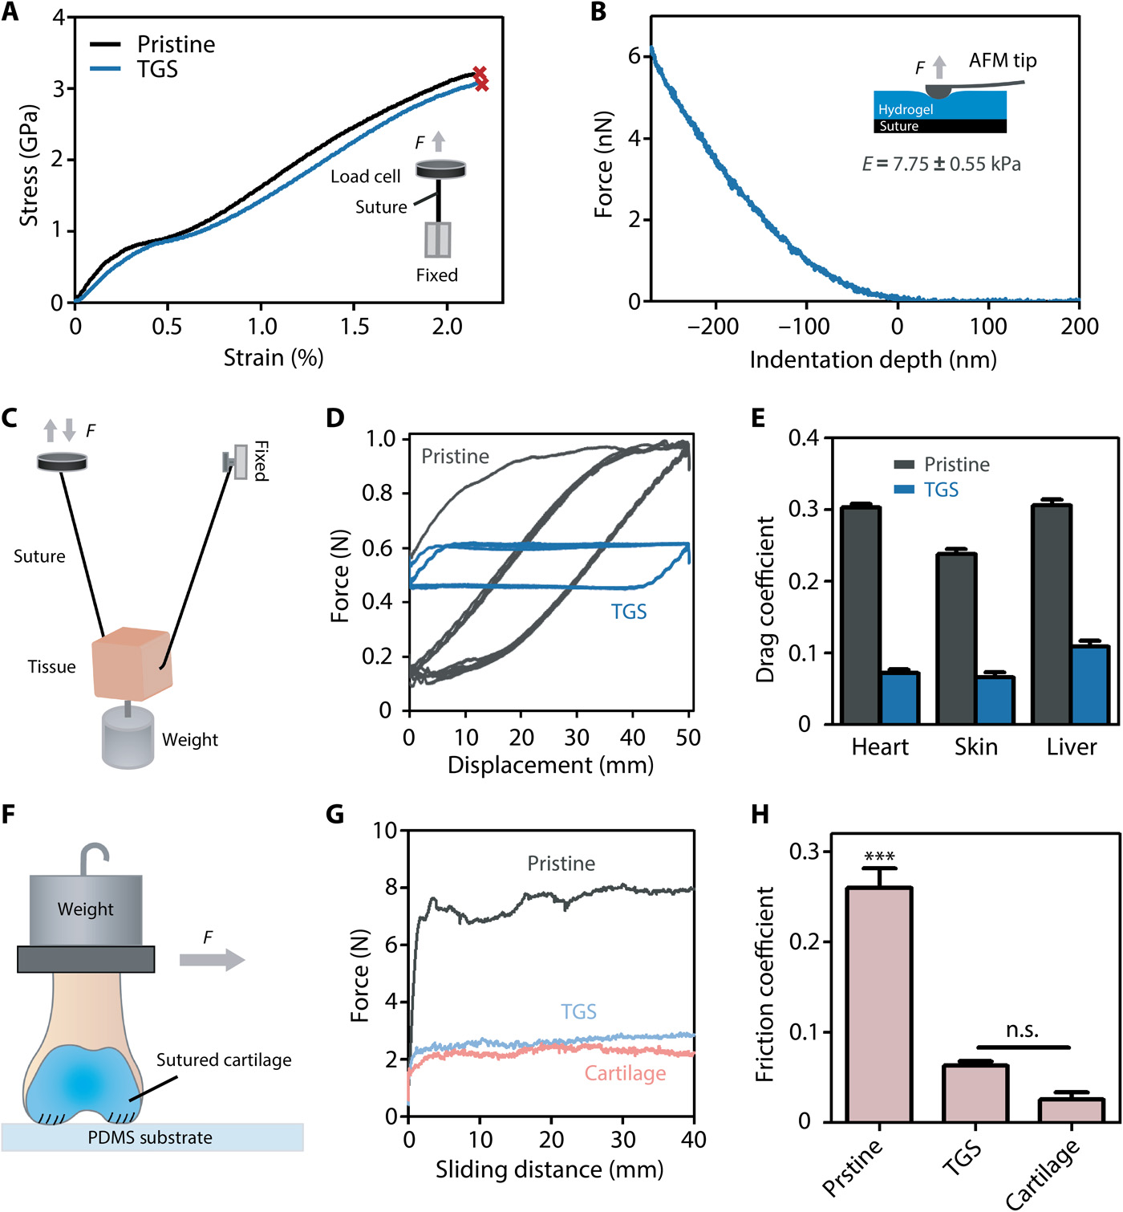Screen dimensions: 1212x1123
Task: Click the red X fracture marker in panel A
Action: pos(480,78)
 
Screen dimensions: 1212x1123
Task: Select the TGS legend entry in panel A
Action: pos(157,70)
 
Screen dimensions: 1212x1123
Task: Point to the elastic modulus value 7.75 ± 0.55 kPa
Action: pos(941,165)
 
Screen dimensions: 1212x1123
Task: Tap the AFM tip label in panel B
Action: pos(1002,61)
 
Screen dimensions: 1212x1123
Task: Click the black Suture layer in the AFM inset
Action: pos(939,126)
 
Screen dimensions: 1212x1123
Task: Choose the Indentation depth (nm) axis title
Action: pos(873,360)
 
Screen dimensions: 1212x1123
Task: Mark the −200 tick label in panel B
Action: pos(713,327)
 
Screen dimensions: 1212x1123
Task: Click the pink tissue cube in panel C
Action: pos(132,665)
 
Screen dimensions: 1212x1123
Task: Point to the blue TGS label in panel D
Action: pos(628,612)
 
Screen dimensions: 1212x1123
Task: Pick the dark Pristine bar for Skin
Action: pos(956,638)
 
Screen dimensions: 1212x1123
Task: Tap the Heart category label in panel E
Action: pos(880,747)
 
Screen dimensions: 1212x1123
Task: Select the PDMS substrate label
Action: pos(150,1138)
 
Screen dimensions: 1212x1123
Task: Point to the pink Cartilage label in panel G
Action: pos(625,1074)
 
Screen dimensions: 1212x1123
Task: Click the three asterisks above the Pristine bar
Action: pos(879,856)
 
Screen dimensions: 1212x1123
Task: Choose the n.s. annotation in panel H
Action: pos(1022,1031)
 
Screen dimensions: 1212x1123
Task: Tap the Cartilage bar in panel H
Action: pos(1071,1109)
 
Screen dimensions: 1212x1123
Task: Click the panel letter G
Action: pos(335,815)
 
